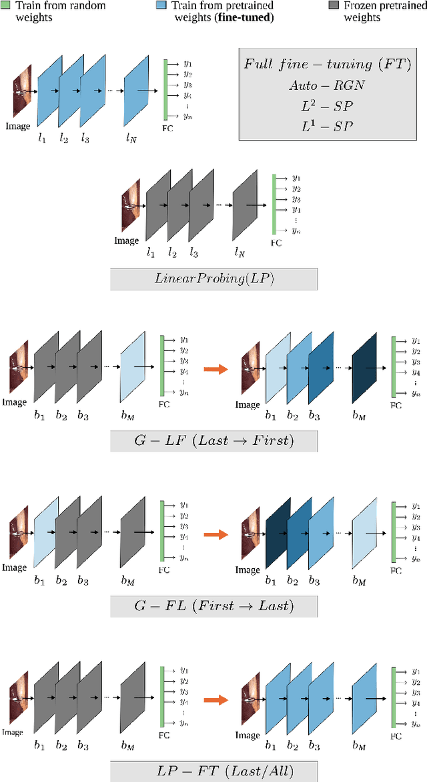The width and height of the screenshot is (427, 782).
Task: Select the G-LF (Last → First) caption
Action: click(x=213, y=441)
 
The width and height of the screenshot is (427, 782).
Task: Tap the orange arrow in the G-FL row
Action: click(x=213, y=533)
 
